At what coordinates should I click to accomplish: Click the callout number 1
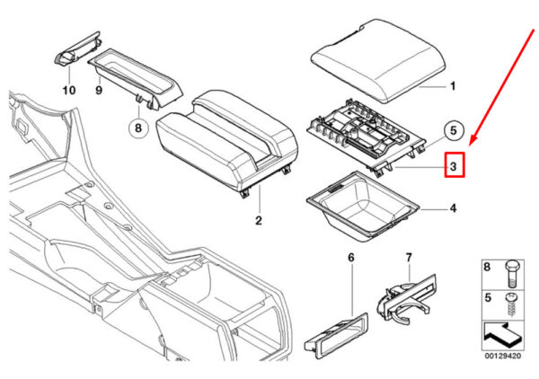pyautogui.click(x=453, y=86)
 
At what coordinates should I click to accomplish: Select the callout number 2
pyautogui.click(x=259, y=220)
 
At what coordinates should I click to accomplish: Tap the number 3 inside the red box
pyautogui.click(x=454, y=166)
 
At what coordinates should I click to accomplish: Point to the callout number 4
pyautogui.click(x=454, y=208)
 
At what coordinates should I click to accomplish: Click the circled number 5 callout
pyautogui.click(x=454, y=130)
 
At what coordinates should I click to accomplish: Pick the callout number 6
pyautogui.click(x=351, y=258)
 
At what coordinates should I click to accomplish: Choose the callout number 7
pyautogui.click(x=409, y=258)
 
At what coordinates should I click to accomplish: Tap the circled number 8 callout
pyautogui.click(x=138, y=128)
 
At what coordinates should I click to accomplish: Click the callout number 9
pyautogui.click(x=99, y=91)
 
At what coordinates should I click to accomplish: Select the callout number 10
pyautogui.click(x=69, y=91)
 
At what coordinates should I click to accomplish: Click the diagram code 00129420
pyautogui.click(x=503, y=357)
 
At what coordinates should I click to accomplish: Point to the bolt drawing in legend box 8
pyautogui.click(x=512, y=274)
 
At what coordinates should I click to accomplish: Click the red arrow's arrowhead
pyautogui.click(x=473, y=140)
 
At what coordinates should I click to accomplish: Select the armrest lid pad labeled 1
pyautogui.click(x=378, y=61)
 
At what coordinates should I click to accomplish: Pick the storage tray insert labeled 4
pyautogui.click(x=363, y=207)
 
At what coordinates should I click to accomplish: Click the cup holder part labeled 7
pyautogui.click(x=406, y=298)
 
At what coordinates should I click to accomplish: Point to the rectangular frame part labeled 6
pyautogui.click(x=336, y=336)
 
